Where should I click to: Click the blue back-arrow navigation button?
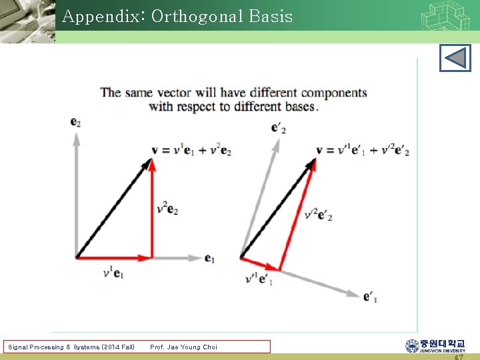click(x=455, y=58)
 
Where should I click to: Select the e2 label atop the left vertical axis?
click(x=75, y=122)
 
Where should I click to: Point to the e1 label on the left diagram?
click(x=209, y=259)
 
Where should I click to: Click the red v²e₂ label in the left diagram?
click(x=167, y=208)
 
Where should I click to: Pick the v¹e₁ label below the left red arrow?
click(x=113, y=273)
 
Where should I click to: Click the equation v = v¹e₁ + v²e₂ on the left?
click(x=191, y=151)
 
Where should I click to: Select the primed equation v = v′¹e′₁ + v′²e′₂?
click(x=362, y=151)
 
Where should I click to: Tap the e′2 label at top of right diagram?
click(x=279, y=127)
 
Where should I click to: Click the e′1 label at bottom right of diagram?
click(x=370, y=297)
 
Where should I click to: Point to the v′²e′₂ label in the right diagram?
click(x=318, y=215)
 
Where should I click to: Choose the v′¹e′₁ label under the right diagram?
click(x=259, y=279)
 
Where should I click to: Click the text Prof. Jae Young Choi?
click(x=183, y=347)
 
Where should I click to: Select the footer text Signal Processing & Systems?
click(x=71, y=347)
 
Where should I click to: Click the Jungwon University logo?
click(x=435, y=345)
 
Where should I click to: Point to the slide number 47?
click(x=459, y=357)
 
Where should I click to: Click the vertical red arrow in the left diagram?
click(x=152, y=210)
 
